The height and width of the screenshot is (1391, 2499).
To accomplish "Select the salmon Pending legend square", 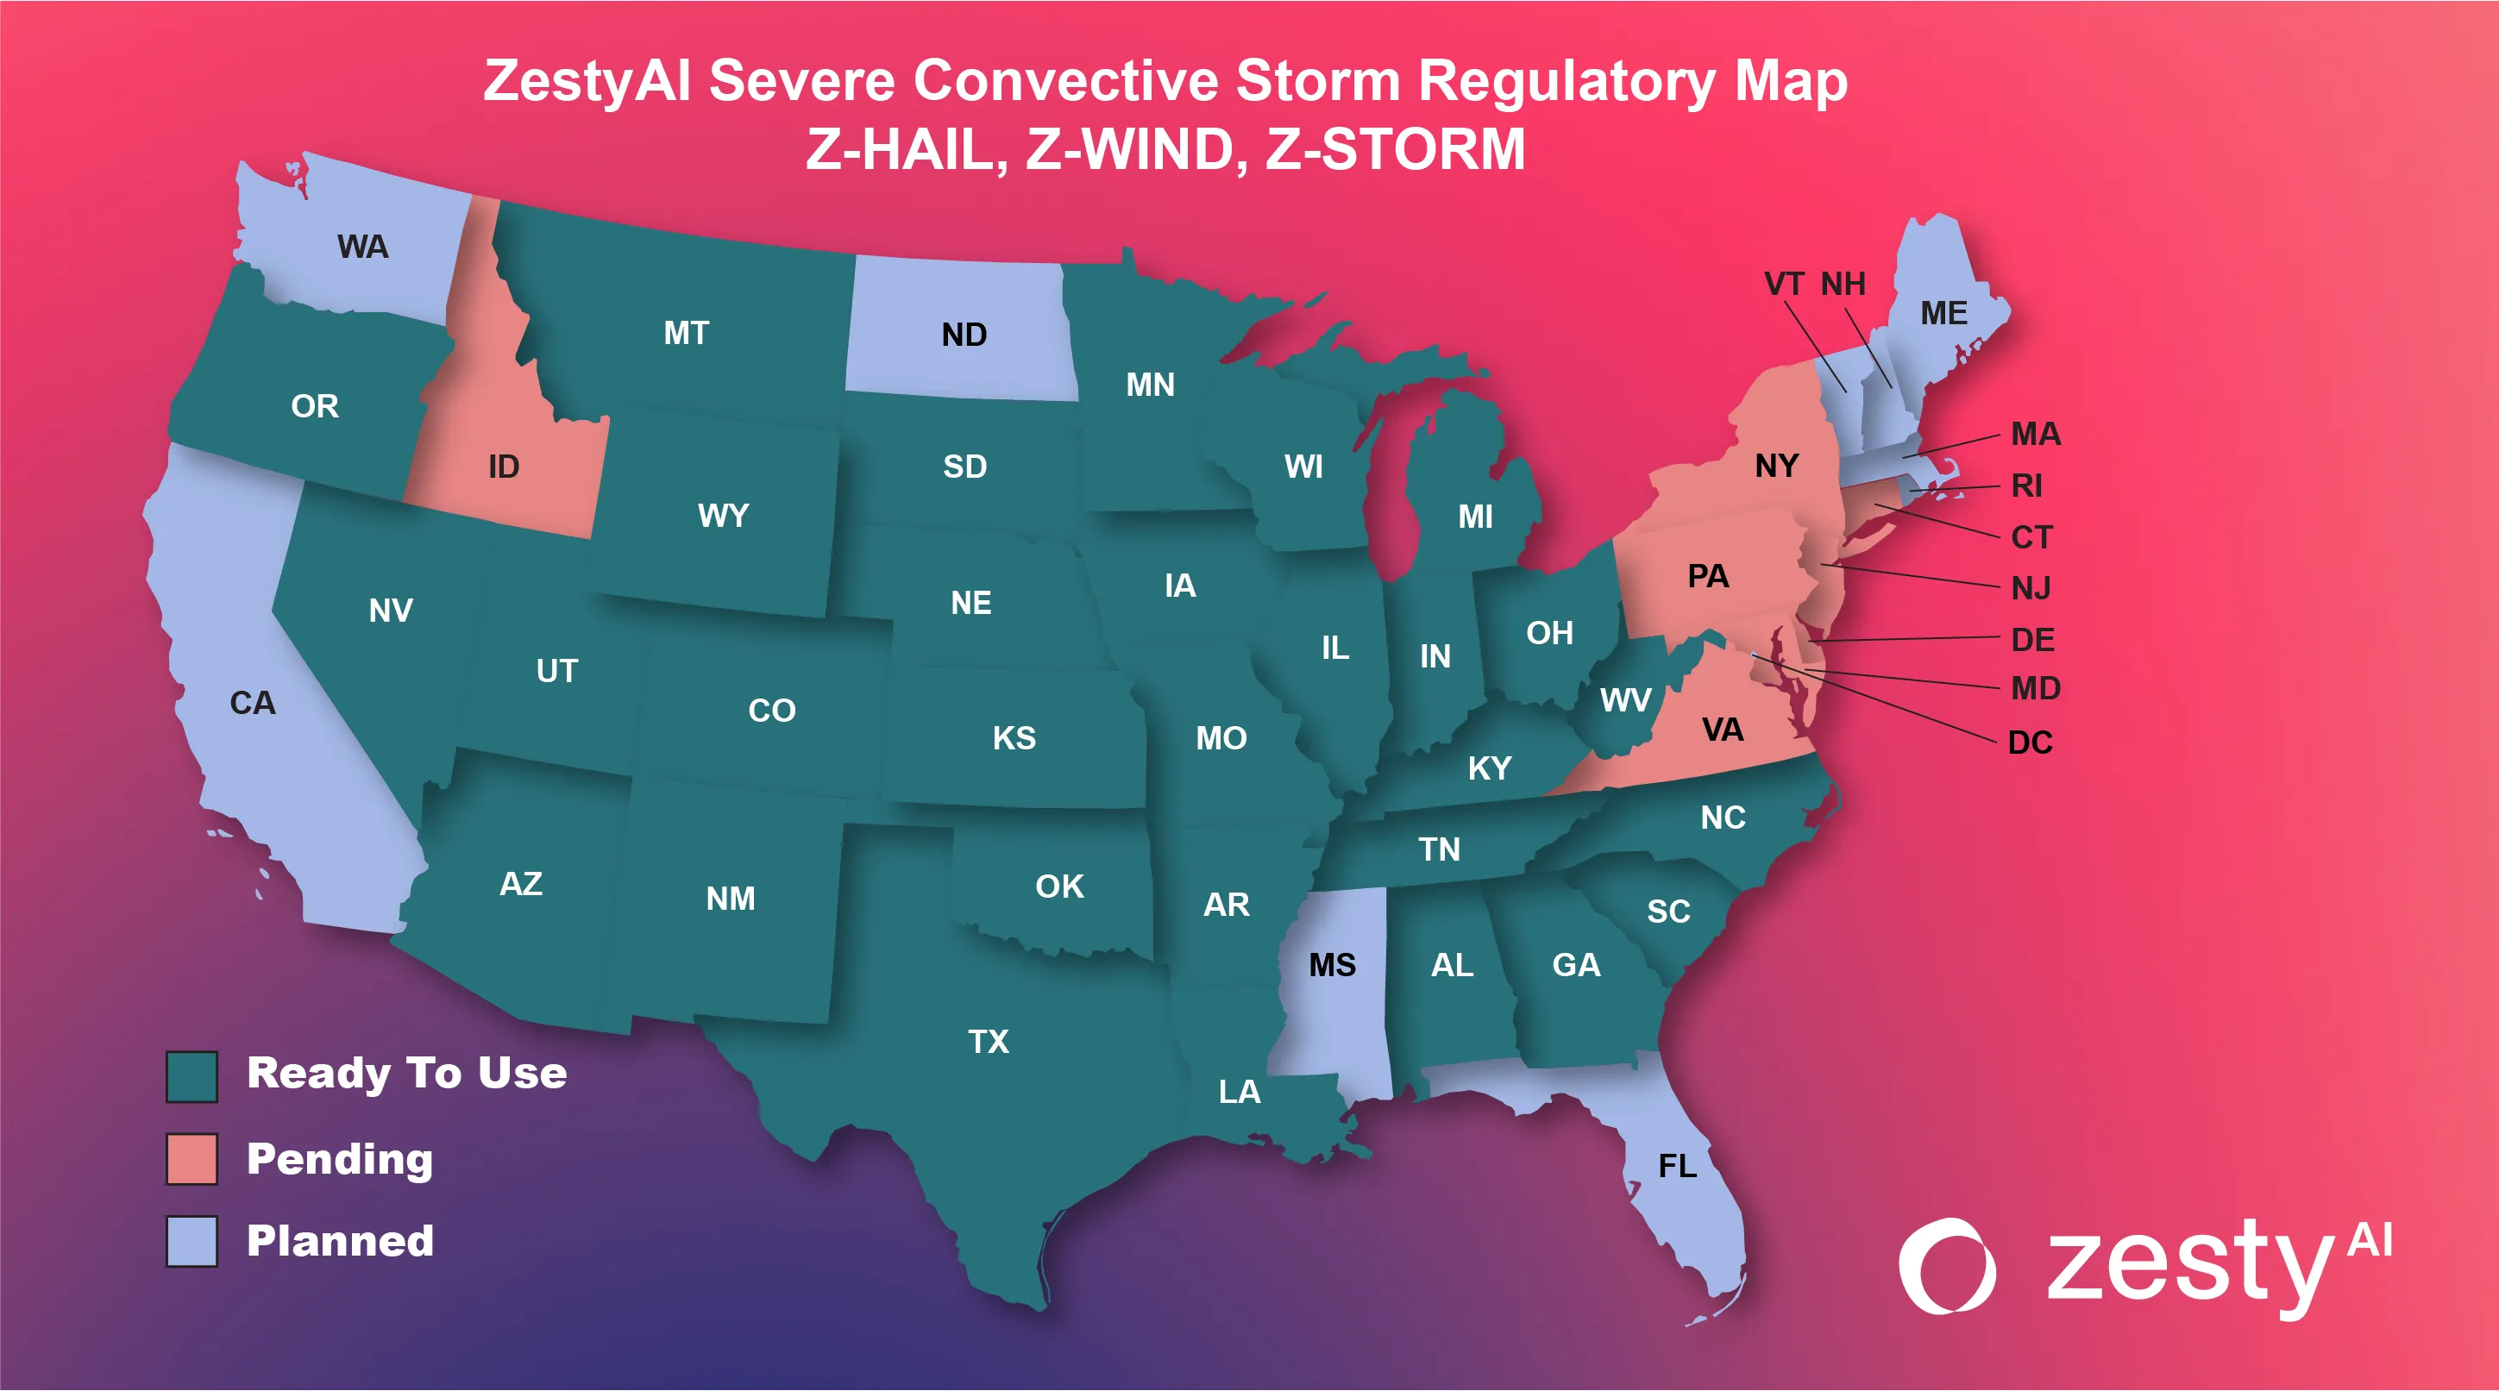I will pyautogui.click(x=192, y=1158).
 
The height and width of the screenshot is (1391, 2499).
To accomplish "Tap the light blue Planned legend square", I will pyautogui.click(x=192, y=1241).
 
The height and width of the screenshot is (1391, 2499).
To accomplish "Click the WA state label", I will pyautogui.click(x=363, y=247).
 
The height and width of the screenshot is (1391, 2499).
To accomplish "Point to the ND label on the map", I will pyautogui.click(x=964, y=335).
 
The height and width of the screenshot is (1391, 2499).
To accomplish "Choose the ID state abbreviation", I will pyautogui.click(x=504, y=467).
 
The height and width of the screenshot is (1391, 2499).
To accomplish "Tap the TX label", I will pyautogui.click(x=989, y=1042).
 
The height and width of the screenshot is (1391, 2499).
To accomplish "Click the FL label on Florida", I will pyautogui.click(x=1677, y=1165).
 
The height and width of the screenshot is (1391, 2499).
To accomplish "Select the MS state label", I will pyautogui.click(x=1332, y=964).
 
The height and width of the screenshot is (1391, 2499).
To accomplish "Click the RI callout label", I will pyautogui.click(x=2026, y=485).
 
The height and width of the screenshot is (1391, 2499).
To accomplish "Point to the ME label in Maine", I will pyautogui.click(x=1943, y=312).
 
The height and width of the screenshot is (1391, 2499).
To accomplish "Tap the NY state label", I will pyautogui.click(x=1776, y=466).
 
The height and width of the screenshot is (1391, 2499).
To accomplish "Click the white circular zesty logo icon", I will pyautogui.click(x=1946, y=1265).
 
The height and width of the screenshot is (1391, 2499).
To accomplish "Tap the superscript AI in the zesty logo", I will pyautogui.click(x=2370, y=1240).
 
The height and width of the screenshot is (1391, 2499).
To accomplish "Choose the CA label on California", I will pyautogui.click(x=252, y=702).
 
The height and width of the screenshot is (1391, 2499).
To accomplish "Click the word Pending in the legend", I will pyautogui.click(x=340, y=1158).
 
